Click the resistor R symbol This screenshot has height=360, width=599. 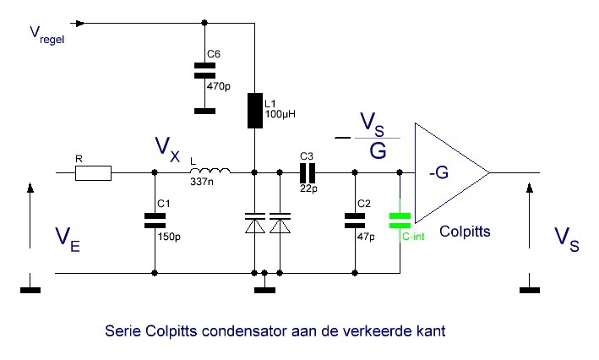pos(93,173)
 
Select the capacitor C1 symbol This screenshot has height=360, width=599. pos(155,221)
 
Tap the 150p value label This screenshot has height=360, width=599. pos(169,237)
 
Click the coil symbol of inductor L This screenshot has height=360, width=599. pos(210,171)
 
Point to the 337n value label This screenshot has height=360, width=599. pos(202,182)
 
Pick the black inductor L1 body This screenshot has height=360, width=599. pos(255,111)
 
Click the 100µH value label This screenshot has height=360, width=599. pos(280,114)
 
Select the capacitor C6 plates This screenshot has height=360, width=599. pos(204,71)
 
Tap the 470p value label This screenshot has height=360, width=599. pos(219,87)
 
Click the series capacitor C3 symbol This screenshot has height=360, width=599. pos(308,173)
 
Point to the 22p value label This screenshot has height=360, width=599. pos(308,188)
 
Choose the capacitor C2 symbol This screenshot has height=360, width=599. pos(355,221)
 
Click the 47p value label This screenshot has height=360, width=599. pos(366,237)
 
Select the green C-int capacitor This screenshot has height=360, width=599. pos(400,221)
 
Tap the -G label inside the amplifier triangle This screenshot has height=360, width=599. pos(438,172)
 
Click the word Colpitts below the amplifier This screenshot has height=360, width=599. pos(465,232)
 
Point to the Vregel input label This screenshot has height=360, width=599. pos(47,35)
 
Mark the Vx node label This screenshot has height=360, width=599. pos(167,150)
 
